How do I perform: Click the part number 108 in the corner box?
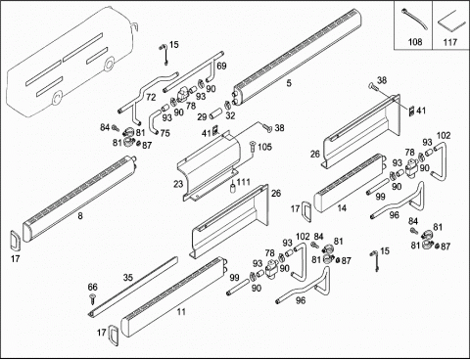click(415, 42)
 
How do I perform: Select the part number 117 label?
click(449, 42)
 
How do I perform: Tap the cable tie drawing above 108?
click(413, 20)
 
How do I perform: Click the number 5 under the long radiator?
click(289, 83)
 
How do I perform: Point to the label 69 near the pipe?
click(221, 66)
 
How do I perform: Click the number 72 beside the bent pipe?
click(151, 97)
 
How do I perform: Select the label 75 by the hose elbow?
click(165, 133)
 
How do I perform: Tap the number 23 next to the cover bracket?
click(178, 184)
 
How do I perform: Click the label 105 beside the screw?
click(264, 147)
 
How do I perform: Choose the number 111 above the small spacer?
click(243, 182)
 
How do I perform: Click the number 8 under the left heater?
click(80, 215)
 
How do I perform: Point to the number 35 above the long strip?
click(128, 278)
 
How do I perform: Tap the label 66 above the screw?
click(93, 287)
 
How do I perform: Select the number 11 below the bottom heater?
click(181, 312)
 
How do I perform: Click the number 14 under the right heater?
click(342, 208)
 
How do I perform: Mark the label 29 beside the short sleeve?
click(202, 116)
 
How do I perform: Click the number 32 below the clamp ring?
click(230, 115)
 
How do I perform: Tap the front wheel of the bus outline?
click(109, 64)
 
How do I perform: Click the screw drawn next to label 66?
click(93, 298)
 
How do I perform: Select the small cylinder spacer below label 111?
click(233, 188)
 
